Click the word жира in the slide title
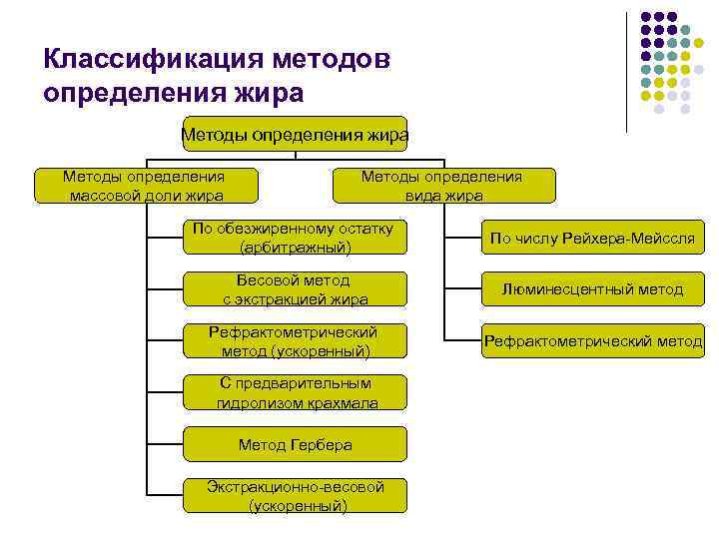pyautogui.click(x=265, y=93)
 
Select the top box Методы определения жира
pyautogui.click(x=295, y=134)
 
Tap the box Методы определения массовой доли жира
pyautogui.click(x=146, y=186)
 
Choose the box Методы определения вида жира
pyautogui.click(x=441, y=186)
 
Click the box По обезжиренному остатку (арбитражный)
pyautogui.click(x=295, y=237)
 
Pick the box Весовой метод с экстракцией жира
pyautogui.click(x=295, y=289)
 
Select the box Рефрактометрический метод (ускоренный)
pyautogui.click(x=295, y=341)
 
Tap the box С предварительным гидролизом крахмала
pyautogui.click(x=295, y=393)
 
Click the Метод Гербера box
pyautogui.click(x=295, y=444)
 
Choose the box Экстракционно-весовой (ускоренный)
pyautogui.click(x=295, y=496)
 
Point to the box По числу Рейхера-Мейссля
pyautogui.click(x=592, y=238)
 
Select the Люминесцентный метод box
pyautogui.click(x=592, y=289)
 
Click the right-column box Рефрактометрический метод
pyautogui.click(x=592, y=341)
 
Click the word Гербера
pyautogui.click(x=320, y=445)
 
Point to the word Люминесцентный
pyautogui.click(x=559, y=289)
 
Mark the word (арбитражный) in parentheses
pyautogui.click(x=296, y=247)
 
